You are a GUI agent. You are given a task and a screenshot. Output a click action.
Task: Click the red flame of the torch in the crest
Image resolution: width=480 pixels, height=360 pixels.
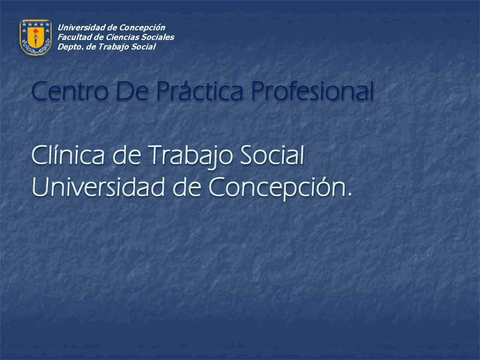[35, 31]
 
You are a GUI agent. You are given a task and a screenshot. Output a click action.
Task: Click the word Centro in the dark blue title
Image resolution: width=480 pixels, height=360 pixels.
[70, 91]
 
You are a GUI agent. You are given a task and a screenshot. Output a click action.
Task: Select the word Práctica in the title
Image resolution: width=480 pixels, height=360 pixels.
[199, 91]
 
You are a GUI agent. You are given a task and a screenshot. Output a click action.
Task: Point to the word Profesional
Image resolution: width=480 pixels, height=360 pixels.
[312, 91]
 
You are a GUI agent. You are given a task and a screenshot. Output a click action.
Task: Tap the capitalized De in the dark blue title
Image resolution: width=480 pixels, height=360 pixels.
[132, 91]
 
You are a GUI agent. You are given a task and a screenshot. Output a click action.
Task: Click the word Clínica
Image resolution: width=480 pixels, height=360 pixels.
[68, 156]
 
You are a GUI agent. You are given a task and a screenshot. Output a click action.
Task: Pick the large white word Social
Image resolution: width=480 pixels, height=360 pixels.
[272, 156]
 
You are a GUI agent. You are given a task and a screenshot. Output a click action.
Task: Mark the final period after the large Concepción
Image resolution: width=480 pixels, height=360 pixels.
[350, 195]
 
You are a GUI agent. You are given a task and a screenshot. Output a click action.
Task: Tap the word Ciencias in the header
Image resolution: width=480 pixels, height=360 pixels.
[117, 37]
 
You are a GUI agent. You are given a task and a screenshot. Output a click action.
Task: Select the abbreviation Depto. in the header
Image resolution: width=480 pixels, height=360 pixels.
[70, 47]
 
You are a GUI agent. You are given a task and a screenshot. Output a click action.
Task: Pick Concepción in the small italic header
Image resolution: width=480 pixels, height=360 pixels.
[142, 28]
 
